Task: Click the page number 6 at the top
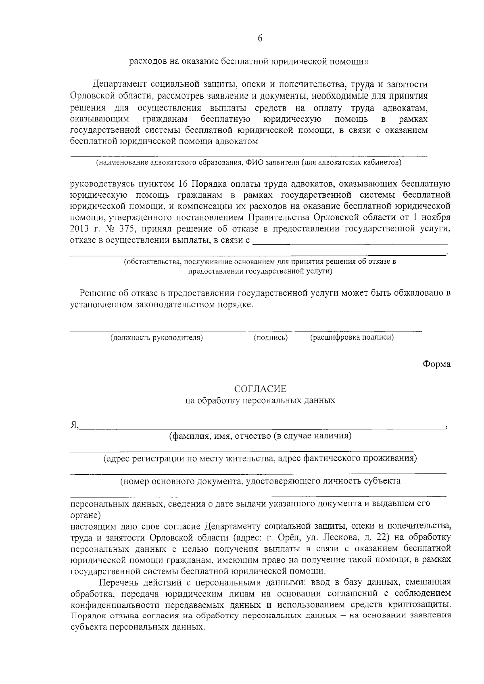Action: (260, 38)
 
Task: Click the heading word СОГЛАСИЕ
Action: (260, 389)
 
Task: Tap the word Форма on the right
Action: (436, 364)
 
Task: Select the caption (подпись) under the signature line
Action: (271, 338)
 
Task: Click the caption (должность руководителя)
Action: (156, 338)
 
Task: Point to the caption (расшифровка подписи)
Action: (352, 338)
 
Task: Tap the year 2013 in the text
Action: (79, 229)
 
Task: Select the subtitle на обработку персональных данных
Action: (260, 401)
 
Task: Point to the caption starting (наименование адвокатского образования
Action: (248, 163)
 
